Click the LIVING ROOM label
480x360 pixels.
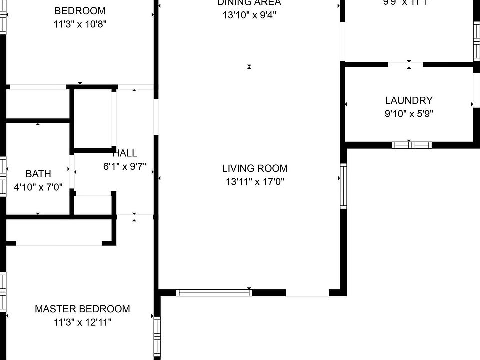(255, 168)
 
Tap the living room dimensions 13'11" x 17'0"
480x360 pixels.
(255, 182)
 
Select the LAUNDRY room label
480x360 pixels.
(408, 100)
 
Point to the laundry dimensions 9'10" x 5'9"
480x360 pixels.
(408, 113)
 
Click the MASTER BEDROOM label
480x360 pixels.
(82, 309)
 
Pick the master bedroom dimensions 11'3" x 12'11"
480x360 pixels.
(82, 322)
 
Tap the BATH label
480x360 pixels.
(38, 174)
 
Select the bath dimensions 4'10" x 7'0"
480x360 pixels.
(38, 187)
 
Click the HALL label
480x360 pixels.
(125, 153)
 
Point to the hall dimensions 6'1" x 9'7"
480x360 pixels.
(125, 167)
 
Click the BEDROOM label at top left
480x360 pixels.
(80, 11)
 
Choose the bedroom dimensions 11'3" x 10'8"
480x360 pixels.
(80, 24)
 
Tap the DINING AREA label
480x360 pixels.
(249, 3)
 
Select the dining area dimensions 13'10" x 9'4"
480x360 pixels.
(249, 15)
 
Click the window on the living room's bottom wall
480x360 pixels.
(214, 293)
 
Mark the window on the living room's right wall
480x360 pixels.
(343, 185)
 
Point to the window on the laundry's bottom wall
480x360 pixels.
(411, 145)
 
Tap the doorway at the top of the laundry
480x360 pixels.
(405, 64)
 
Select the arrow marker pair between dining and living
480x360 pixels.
(249, 67)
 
